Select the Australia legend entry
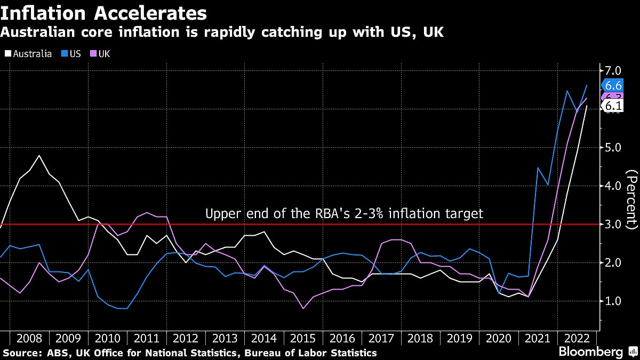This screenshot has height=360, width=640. point(29,54)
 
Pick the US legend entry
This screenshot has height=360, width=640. point(71,54)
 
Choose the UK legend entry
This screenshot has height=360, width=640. point(101,54)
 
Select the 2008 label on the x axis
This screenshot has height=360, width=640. point(29,338)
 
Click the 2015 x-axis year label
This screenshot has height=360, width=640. point(303,338)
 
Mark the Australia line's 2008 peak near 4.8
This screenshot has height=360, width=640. point(39,155)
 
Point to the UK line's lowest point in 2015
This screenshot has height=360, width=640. point(303,308)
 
